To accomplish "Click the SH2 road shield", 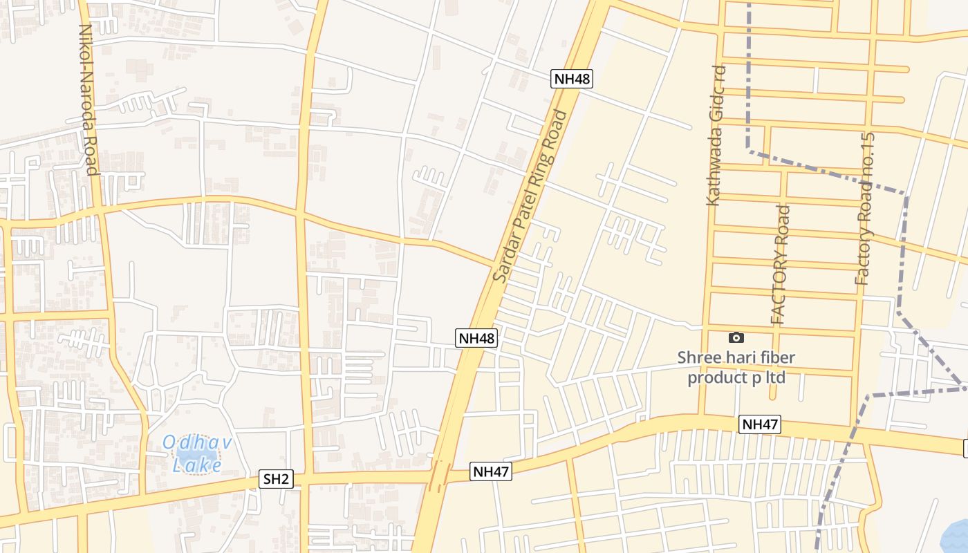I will tap(276, 479).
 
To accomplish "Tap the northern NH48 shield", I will tap(572, 79).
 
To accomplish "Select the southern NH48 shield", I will tap(476, 338).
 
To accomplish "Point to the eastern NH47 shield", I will tap(760, 424).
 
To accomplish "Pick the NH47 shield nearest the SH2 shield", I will tap(491, 472).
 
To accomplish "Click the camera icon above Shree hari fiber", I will tap(736, 337).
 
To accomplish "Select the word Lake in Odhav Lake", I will tap(197, 466).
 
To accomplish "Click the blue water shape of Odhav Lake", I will tap(201, 453).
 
